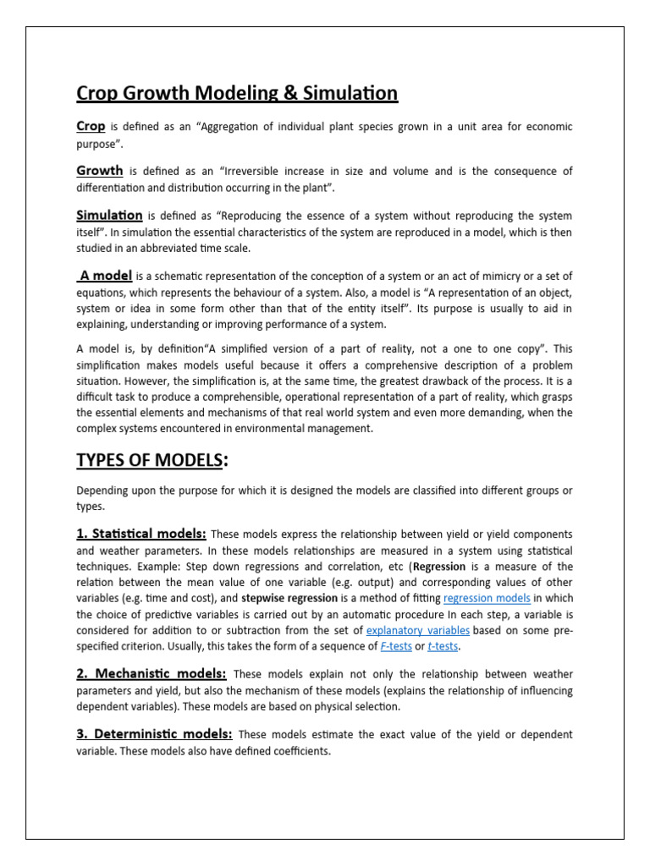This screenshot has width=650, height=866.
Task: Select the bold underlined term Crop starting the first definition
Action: click(x=91, y=126)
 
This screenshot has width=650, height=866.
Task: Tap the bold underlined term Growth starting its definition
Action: click(x=100, y=171)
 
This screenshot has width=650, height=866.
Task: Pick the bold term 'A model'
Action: click(x=105, y=276)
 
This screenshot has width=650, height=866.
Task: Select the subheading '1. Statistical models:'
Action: click(x=141, y=534)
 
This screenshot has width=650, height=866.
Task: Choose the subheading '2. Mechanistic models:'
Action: click(x=151, y=673)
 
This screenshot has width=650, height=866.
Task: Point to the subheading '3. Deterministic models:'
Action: click(x=155, y=734)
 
